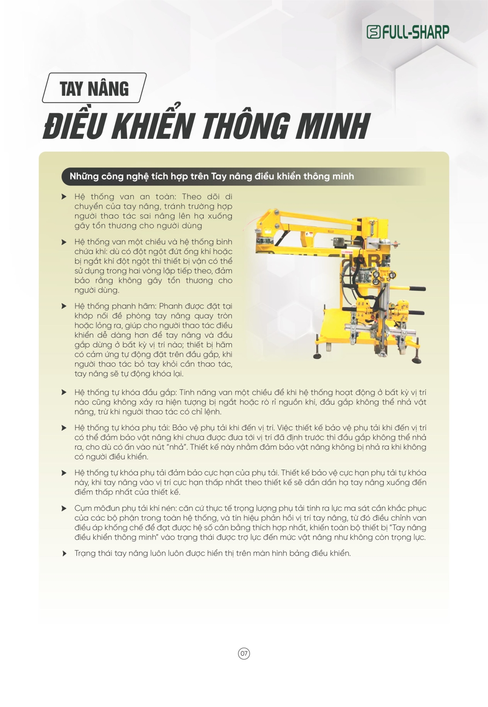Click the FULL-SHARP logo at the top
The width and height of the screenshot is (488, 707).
(x=408, y=32)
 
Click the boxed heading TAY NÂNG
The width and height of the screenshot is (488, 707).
(x=94, y=88)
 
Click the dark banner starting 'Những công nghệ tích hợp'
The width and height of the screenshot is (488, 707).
(x=212, y=176)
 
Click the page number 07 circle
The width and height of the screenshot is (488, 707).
(x=244, y=653)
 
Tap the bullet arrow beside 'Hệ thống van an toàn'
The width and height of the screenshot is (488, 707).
(x=64, y=197)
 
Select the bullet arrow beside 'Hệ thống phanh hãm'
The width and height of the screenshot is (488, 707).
(x=64, y=306)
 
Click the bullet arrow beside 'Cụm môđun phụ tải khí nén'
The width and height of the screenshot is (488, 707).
(x=64, y=508)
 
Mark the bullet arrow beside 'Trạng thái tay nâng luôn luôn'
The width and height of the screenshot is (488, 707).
(x=64, y=553)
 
